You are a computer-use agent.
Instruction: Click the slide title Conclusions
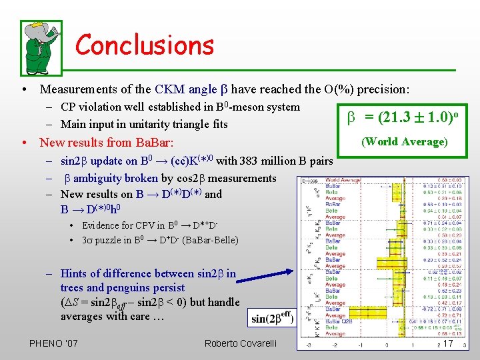(x=145, y=45)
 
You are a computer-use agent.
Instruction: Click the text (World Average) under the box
(x=405, y=141)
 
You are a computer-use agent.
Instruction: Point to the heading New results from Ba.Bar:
(x=107, y=142)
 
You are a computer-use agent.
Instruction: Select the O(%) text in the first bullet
(x=326, y=89)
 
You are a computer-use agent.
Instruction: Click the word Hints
(x=74, y=273)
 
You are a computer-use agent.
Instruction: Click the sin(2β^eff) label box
(x=272, y=318)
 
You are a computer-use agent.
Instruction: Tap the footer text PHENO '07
(x=53, y=343)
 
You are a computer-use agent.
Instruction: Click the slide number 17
(x=448, y=343)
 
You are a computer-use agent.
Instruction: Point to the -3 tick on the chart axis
(x=307, y=345)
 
